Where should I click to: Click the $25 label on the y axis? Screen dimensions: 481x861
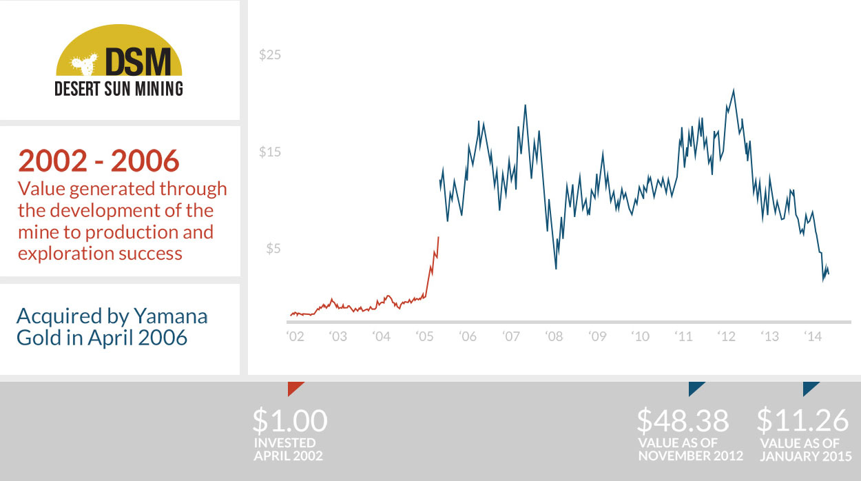tap(270, 55)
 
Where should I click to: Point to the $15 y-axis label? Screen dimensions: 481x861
tap(270, 152)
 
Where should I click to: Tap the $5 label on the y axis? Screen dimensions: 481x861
tap(273, 249)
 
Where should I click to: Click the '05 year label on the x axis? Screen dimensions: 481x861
tap(425, 337)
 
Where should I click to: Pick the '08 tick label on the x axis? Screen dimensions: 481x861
tap(554, 337)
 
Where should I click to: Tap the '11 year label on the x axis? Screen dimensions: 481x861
tap(683, 337)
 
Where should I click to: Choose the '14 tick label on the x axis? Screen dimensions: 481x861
tap(813, 337)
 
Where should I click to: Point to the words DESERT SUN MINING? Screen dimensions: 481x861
tap(118, 88)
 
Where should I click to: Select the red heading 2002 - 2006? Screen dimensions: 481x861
tap(98, 161)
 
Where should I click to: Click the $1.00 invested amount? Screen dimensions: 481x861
tap(289, 420)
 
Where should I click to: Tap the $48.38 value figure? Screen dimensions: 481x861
tap(682, 420)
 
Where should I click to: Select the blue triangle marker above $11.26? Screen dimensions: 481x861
tap(809, 387)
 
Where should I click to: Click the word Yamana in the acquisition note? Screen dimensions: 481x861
tap(172, 316)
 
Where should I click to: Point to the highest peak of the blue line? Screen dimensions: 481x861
tap(734, 90)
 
